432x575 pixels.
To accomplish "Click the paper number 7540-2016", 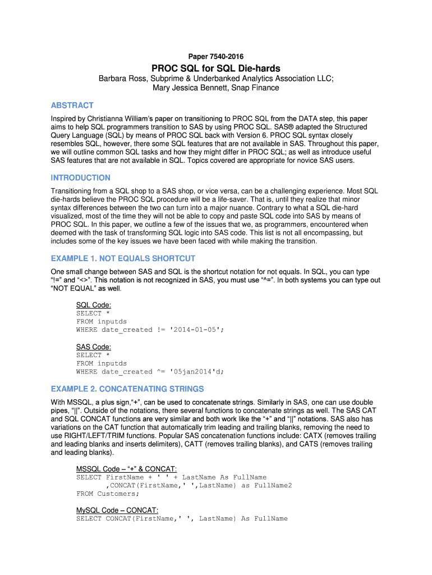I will pyautogui.click(x=227, y=57).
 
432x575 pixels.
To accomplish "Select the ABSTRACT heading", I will pyautogui.click(x=72, y=105).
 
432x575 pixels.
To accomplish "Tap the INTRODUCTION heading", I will pyautogui.click(x=80, y=177).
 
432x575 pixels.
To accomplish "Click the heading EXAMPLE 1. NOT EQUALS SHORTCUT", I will pyautogui.click(x=123, y=258).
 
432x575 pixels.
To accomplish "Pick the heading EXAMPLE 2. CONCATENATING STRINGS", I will pyautogui.click(x=127, y=389).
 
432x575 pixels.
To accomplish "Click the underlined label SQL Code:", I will pyautogui.click(x=93, y=305).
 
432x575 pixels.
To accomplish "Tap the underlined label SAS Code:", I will pyautogui.click(x=93, y=346).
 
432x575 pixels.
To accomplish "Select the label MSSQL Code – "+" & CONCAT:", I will pyautogui.click(x=126, y=469).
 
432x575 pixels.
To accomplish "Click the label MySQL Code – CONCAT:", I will pyautogui.click(x=117, y=510).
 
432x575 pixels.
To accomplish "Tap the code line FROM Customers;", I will pyautogui.click(x=108, y=494).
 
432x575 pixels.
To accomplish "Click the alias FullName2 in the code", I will pyautogui.click(x=273, y=486).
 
